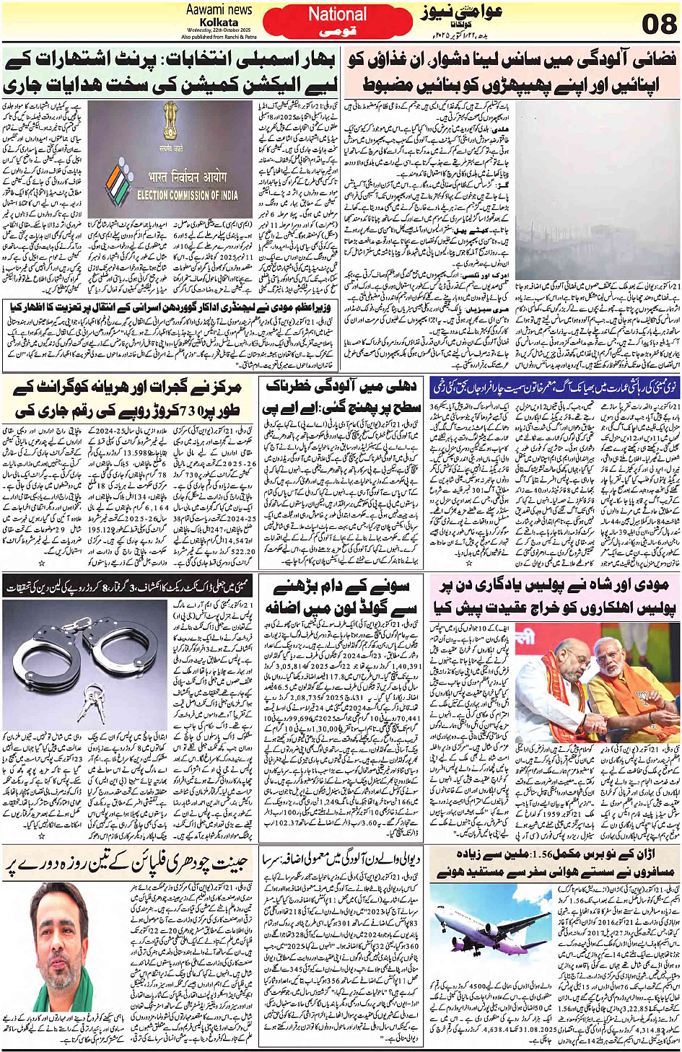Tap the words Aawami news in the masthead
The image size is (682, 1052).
coord(219,9)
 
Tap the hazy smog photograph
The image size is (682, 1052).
coord(597,196)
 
